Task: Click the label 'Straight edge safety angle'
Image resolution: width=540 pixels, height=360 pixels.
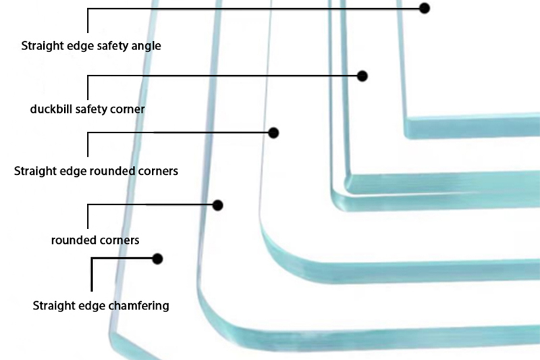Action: [91, 47]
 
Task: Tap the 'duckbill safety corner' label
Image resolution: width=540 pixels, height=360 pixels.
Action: [88, 108]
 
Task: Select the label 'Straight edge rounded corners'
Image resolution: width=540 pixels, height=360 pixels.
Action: [96, 171]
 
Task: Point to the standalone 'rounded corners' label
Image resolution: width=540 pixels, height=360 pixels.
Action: [95, 240]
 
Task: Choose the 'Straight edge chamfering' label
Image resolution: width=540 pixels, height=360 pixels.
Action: [101, 305]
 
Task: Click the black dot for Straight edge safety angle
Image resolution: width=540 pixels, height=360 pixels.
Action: [425, 8]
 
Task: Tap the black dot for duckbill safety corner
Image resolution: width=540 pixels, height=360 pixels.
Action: [362, 76]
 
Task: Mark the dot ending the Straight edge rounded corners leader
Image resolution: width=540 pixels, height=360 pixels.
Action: [273, 133]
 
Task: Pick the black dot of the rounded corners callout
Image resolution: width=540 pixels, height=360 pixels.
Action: [217, 205]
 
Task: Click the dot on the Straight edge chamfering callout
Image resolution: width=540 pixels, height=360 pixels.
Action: [158, 259]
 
